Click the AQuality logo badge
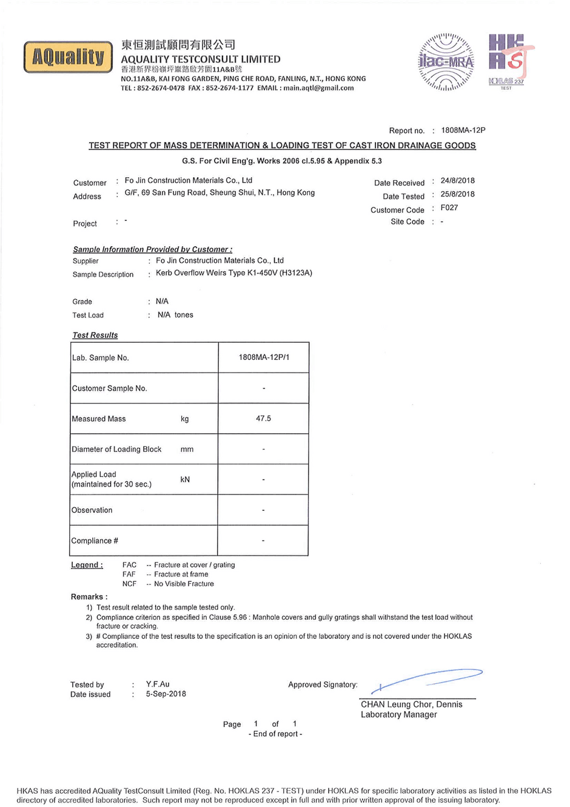coord(68,57)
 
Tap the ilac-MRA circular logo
coord(446,62)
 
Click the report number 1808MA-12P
coord(463,130)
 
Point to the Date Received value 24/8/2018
coord(457,181)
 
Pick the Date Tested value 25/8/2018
coord(457,194)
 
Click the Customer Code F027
coord(449,208)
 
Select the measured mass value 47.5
coord(263,419)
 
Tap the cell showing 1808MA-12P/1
coord(264,357)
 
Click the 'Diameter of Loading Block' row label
coord(116,450)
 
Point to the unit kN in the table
coord(185,479)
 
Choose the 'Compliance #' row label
coord(95,541)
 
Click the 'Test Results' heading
coord(95,335)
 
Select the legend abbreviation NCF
coord(129,584)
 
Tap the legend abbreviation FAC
coord(129,565)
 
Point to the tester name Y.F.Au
coord(158,684)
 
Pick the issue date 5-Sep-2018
coord(166,694)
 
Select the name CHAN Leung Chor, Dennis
coord(411,704)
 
